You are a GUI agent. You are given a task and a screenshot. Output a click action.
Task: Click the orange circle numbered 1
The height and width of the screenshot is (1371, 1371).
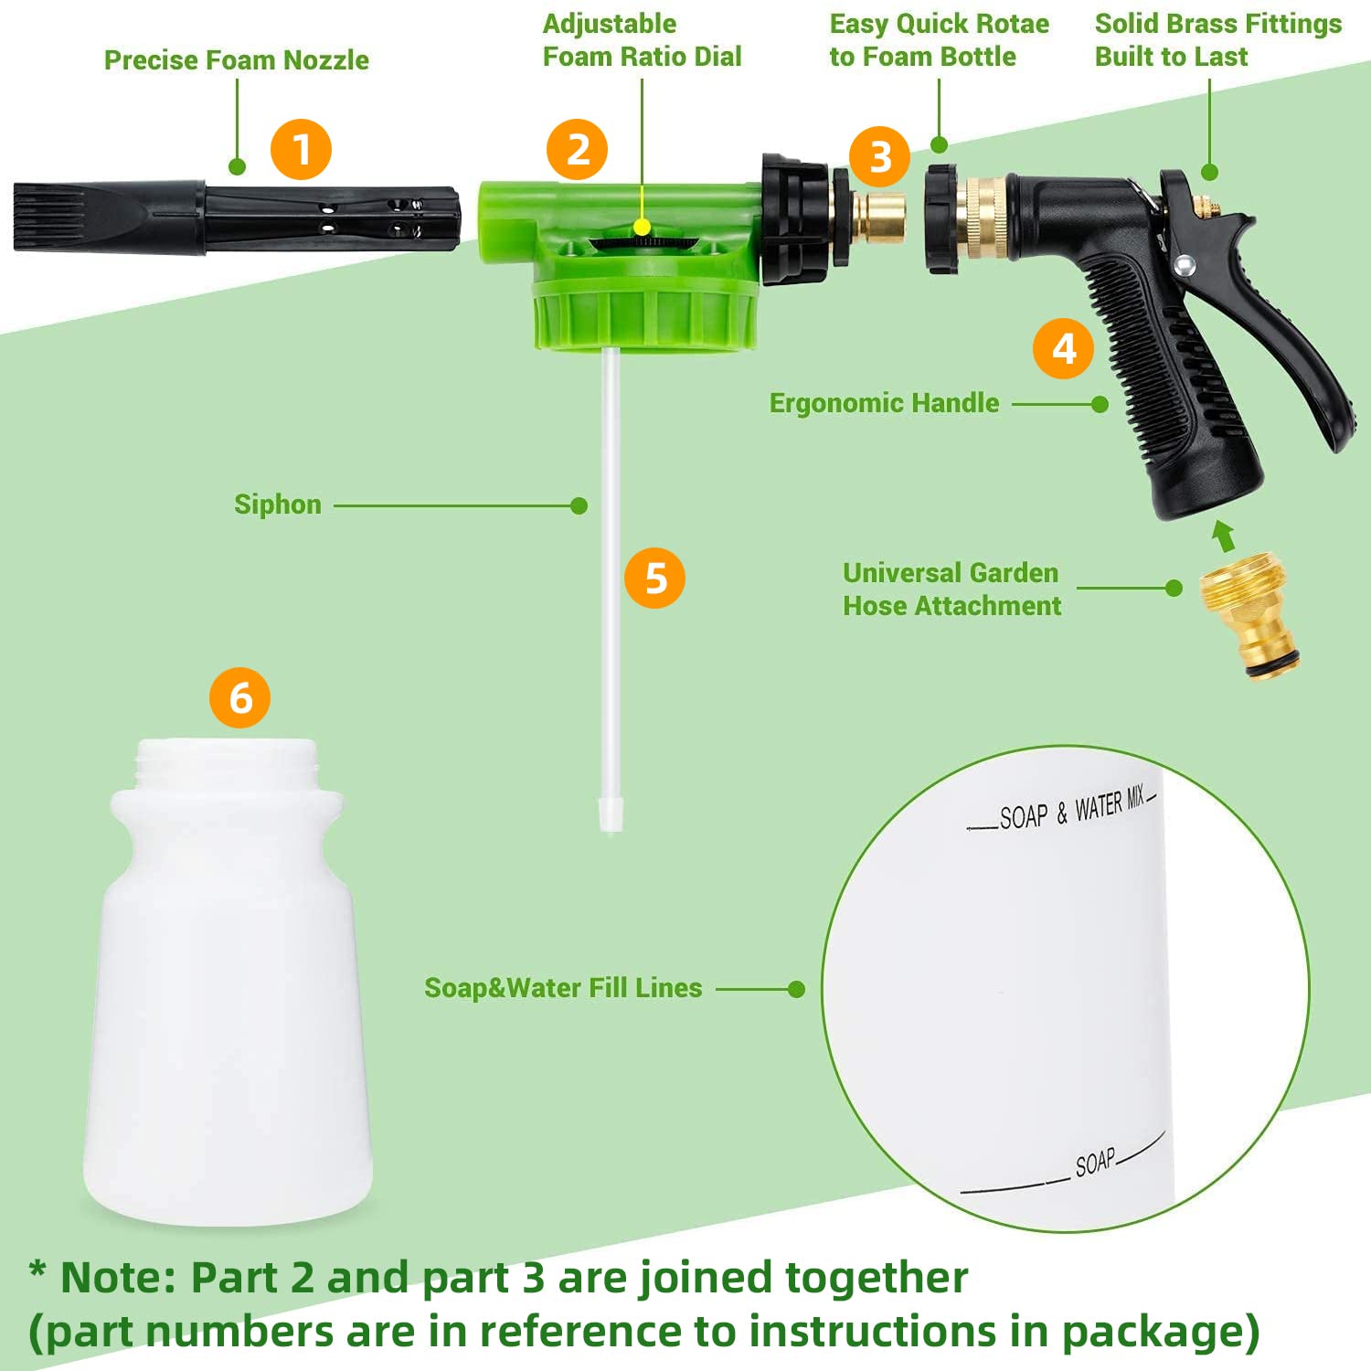tap(301, 149)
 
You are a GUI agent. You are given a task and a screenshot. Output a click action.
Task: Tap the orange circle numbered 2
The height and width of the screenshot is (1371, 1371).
tap(577, 149)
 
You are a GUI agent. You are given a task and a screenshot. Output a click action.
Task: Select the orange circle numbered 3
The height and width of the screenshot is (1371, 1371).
tap(879, 156)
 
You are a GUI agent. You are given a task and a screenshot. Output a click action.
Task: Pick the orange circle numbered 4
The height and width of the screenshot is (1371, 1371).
tap(1063, 348)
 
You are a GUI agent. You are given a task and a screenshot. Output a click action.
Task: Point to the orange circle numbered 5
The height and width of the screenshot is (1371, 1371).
tap(654, 578)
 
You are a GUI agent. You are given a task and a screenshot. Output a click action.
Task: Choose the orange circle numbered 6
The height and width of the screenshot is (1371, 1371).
tap(239, 697)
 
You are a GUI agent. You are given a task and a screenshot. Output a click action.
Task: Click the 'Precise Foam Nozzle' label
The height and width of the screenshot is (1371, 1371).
tap(236, 60)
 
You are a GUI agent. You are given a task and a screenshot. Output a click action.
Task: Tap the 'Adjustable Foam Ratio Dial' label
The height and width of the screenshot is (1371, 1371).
tap(642, 40)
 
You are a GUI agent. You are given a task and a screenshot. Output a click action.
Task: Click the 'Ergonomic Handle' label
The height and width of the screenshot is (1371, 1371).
tap(884, 403)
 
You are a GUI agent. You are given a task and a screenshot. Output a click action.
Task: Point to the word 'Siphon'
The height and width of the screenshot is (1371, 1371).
tap(278, 505)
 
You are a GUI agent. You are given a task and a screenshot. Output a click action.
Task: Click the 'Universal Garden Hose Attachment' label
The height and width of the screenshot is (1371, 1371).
tap(951, 590)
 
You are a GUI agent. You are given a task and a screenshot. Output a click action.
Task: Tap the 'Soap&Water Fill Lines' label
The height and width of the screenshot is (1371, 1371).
tap(563, 988)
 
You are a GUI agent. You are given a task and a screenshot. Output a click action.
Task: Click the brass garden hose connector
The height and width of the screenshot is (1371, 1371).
tap(1249, 614)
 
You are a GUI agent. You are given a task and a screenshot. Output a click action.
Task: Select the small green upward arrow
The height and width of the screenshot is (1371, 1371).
tap(1224, 536)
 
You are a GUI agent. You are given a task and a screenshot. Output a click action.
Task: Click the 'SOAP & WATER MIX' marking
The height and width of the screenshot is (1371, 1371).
tap(1069, 809)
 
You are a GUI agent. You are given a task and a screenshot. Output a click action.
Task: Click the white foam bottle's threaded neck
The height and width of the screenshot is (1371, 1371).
tap(227, 764)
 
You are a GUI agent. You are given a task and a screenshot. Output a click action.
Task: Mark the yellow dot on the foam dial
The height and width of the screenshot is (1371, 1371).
tap(643, 227)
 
